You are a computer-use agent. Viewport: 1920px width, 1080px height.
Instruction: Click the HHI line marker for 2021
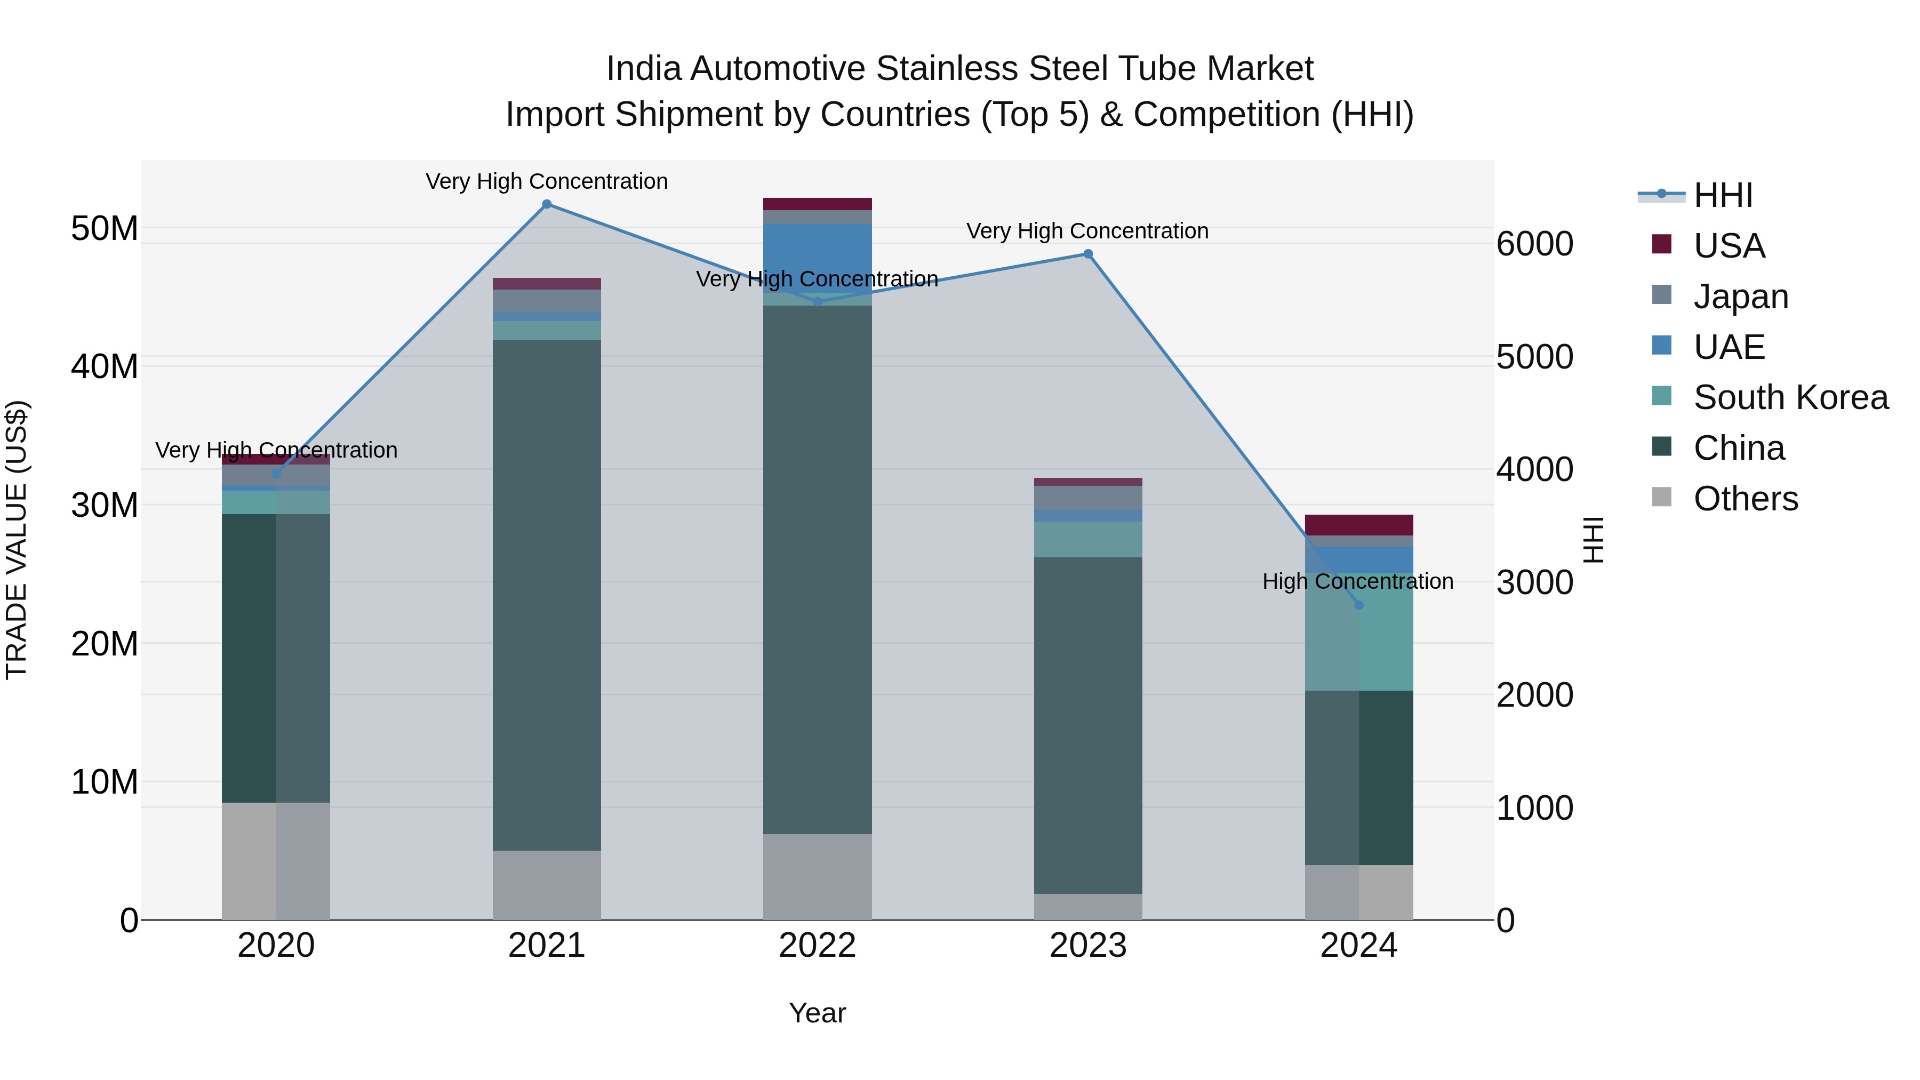pyautogui.click(x=546, y=204)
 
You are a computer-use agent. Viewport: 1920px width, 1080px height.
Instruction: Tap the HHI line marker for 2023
pyautogui.click(x=1087, y=254)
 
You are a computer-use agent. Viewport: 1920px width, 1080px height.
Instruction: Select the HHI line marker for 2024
pyautogui.click(x=1359, y=605)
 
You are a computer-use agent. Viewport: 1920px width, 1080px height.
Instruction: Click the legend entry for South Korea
pyautogui.click(x=1790, y=397)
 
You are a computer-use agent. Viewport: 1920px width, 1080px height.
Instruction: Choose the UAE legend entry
pyautogui.click(x=1729, y=347)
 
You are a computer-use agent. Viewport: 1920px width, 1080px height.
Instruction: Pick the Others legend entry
pyautogui.click(x=1745, y=499)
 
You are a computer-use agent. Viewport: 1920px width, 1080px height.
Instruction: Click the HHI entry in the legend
pyautogui.click(x=1723, y=195)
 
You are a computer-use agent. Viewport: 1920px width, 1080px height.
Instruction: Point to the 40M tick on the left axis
pyautogui.click(x=105, y=367)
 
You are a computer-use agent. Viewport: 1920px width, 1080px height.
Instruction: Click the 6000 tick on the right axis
pyautogui.click(x=1534, y=244)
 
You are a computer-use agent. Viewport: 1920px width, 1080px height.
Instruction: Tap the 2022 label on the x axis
pyautogui.click(x=817, y=946)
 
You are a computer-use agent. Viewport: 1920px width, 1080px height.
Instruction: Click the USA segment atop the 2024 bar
pyautogui.click(x=1359, y=525)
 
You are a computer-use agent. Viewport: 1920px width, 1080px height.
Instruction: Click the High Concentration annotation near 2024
pyautogui.click(x=1357, y=581)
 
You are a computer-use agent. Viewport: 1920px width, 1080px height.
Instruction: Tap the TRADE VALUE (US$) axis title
pyautogui.click(x=17, y=540)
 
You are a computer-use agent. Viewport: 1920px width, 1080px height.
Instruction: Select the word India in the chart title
pyautogui.click(x=643, y=69)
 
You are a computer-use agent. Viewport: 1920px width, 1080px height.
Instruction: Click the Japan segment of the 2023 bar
pyautogui.click(x=1087, y=498)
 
